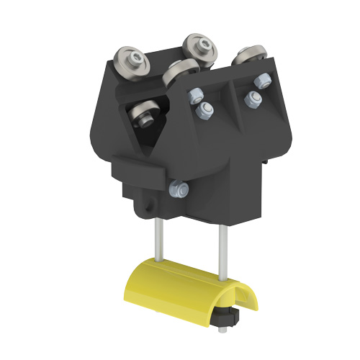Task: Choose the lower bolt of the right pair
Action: (253, 99)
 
